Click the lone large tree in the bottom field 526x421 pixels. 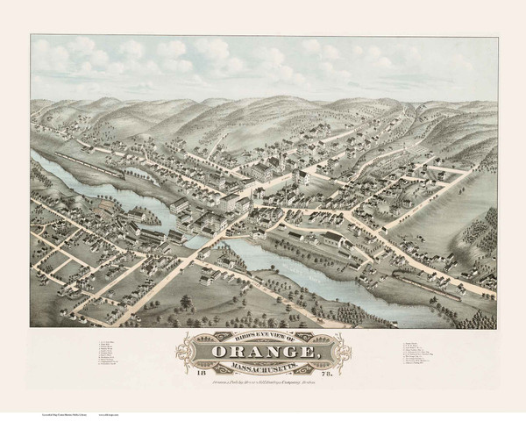pos(185,303)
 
